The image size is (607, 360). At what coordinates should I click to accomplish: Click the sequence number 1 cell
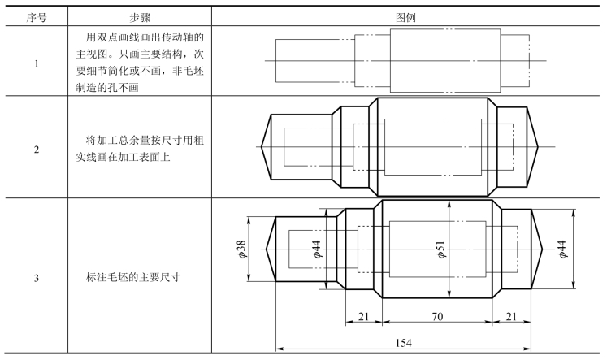pyautogui.click(x=37, y=62)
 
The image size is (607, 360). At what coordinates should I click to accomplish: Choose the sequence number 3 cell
pyautogui.click(x=37, y=279)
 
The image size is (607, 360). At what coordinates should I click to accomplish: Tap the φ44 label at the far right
pyautogui.click(x=561, y=248)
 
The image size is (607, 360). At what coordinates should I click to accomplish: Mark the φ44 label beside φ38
pyautogui.click(x=317, y=248)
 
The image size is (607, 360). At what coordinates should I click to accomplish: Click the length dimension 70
pyautogui.click(x=437, y=317)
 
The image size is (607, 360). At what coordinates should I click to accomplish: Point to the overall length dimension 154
pyautogui.click(x=404, y=343)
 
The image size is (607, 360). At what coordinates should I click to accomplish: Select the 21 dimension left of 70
pyautogui.click(x=363, y=317)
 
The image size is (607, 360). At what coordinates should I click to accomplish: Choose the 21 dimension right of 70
pyautogui.click(x=510, y=317)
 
